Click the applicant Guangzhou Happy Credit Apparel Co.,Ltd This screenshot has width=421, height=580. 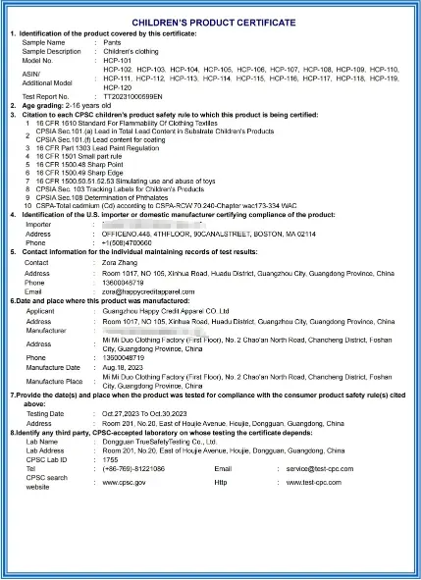point(167,310)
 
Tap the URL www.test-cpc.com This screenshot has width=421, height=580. point(315,482)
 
